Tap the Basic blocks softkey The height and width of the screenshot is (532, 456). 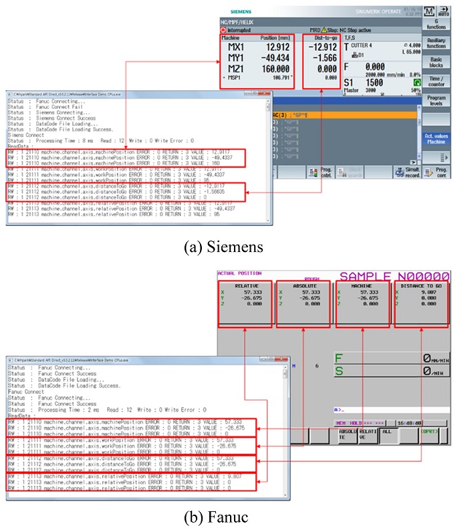(436, 63)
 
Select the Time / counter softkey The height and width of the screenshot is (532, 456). (436, 82)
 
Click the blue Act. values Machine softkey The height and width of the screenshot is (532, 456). (436, 138)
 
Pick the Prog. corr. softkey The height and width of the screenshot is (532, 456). (436, 172)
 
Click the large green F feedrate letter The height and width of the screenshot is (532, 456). (340, 359)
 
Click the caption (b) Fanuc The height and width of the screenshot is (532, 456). (227, 516)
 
